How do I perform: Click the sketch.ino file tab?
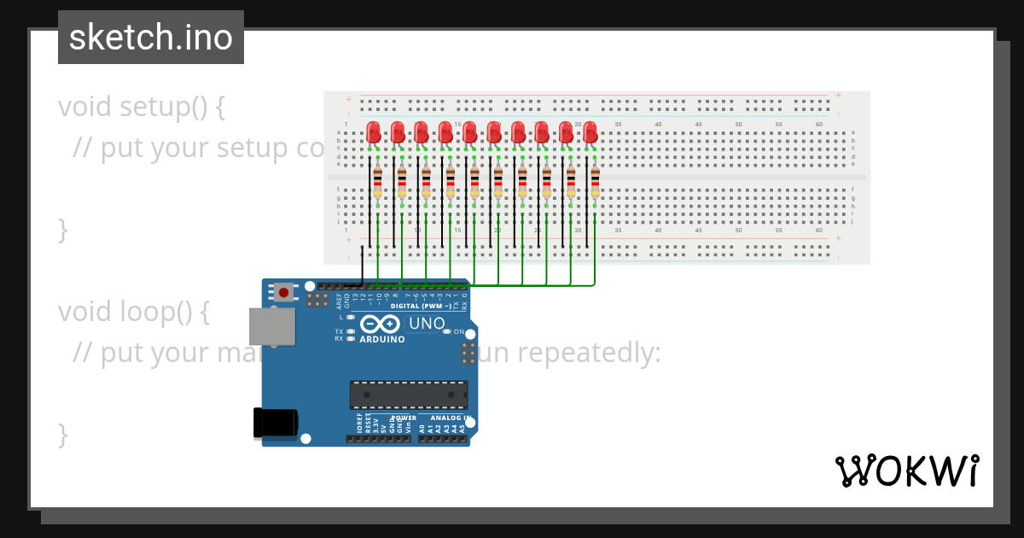(x=151, y=38)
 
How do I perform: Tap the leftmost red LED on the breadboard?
(x=374, y=132)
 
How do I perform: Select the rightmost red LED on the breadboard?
(x=590, y=132)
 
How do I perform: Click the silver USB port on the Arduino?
(x=271, y=327)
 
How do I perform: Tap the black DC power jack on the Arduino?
(x=276, y=424)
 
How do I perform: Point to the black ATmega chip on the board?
(x=409, y=395)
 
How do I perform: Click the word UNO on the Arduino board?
(x=427, y=324)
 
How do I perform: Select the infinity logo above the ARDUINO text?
(x=380, y=325)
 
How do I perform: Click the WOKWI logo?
(x=906, y=471)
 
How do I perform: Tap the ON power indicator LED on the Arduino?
(x=447, y=331)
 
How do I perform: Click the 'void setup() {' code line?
(x=142, y=108)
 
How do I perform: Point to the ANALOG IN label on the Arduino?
(x=451, y=418)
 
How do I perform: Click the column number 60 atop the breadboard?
(x=818, y=125)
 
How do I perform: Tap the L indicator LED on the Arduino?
(x=350, y=317)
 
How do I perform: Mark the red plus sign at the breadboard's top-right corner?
(x=838, y=95)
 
